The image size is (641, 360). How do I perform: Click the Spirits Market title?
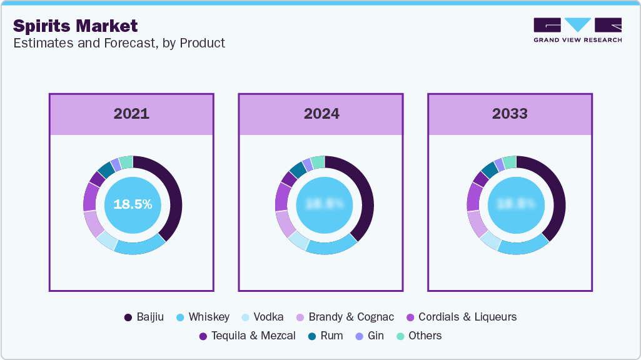point(75,26)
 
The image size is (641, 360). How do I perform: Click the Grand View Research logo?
point(577,30)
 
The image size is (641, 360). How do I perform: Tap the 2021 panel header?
point(131,114)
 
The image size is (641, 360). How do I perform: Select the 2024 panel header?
point(321,114)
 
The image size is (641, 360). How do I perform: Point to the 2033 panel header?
point(510,114)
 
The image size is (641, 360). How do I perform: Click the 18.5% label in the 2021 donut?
point(133,204)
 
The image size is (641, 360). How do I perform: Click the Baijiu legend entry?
point(144,317)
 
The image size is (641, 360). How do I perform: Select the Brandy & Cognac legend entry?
point(343,317)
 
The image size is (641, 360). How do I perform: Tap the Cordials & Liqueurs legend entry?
point(462,317)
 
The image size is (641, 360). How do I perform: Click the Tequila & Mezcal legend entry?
point(248,336)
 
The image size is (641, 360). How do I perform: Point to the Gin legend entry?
point(370,336)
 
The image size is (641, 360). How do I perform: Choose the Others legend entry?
point(419,336)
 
